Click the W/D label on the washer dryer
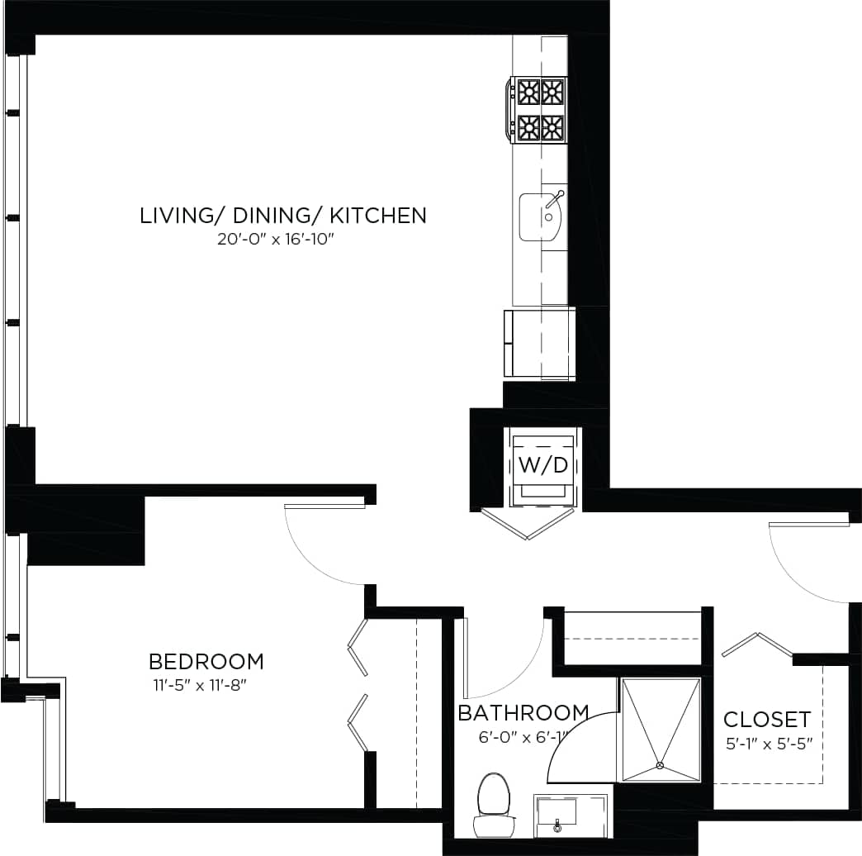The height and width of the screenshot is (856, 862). point(542,464)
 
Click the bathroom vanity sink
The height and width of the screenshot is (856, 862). point(559,813)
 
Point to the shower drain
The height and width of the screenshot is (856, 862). point(659,765)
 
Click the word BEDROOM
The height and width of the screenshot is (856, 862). point(206,662)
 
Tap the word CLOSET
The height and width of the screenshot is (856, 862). point(767,719)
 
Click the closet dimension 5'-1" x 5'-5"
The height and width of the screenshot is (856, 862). point(769,742)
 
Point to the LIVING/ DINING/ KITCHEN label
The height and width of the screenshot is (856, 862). point(283,216)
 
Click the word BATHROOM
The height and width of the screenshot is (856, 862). point(523,713)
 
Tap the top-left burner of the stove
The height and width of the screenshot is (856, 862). point(527,91)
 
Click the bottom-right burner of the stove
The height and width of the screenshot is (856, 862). point(552,127)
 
